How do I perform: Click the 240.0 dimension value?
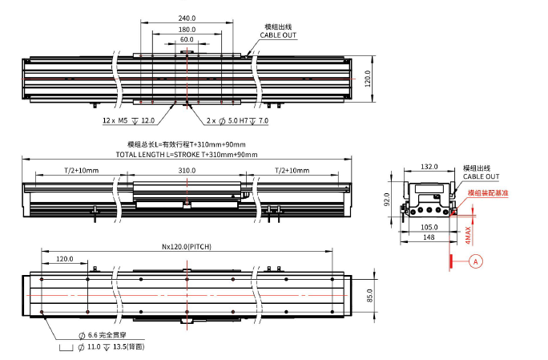[x=187, y=18]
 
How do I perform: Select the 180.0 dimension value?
[x=187, y=29]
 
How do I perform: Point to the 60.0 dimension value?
[x=187, y=39]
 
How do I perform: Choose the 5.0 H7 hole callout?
[x=237, y=120]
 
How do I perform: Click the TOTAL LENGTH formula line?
[x=186, y=154]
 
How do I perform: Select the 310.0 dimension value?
[x=187, y=171]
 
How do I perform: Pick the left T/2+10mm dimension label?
[x=81, y=171]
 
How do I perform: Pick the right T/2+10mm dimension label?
[x=292, y=171]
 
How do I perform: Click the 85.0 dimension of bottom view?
[x=369, y=295]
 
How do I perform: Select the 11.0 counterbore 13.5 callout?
[x=109, y=346]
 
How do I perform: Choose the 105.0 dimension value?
[x=429, y=227]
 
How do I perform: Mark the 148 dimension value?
[x=429, y=237]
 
